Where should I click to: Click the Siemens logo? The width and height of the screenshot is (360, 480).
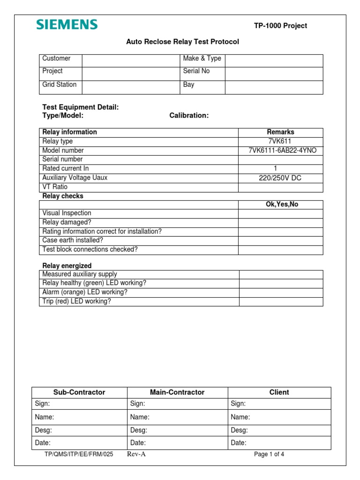[x=67, y=25]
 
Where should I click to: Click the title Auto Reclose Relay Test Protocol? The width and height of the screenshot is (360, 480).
[x=182, y=42]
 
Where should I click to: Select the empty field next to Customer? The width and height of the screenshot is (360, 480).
[x=131, y=60]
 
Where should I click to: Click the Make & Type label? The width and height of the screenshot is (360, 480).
[x=202, y=59]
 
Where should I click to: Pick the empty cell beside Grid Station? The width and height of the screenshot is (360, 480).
[x=131, y=87]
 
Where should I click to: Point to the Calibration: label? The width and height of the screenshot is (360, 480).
[x=189, y=116]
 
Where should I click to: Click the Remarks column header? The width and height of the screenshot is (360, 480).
[x=280, y=132]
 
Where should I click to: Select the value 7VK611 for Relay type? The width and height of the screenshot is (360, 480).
[x=280, y=141]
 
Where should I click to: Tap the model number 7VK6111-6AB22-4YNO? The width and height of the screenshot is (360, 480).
[x=280, y=150]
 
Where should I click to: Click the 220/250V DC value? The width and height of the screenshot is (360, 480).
[x=280, y=178]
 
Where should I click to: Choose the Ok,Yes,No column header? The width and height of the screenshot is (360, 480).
[x=280, y=204]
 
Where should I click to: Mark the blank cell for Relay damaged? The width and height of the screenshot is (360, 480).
[x=280, y=223]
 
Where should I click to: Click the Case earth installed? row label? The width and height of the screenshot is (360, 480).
[x=73, y=240]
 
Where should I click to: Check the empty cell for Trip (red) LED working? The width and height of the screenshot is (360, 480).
[x=281, y=301]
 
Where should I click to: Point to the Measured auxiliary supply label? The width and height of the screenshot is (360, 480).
[x=80, y=274]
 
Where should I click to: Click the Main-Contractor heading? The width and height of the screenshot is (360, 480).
[x=177, y=392]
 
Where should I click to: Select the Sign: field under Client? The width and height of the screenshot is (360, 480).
[x=279, y=404]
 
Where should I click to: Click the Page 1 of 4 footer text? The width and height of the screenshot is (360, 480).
[x=269, y=454]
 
